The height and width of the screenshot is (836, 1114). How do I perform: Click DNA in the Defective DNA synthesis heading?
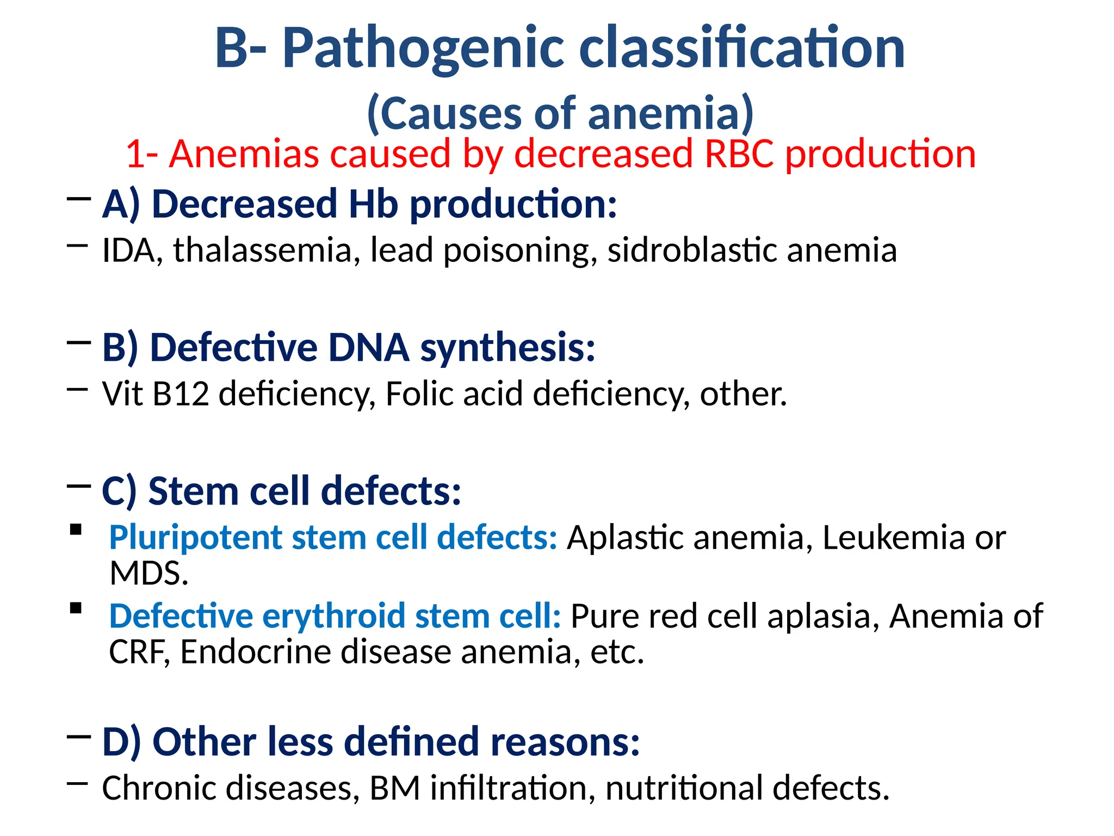coord(369,348)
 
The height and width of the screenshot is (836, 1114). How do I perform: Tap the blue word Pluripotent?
coord(195,538)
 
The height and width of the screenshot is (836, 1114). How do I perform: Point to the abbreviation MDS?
coord(148,574)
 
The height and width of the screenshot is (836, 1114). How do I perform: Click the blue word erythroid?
coord(333,617)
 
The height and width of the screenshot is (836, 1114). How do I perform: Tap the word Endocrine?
coord(255,652)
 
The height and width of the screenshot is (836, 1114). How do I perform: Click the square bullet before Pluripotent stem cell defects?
coord(76,530)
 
